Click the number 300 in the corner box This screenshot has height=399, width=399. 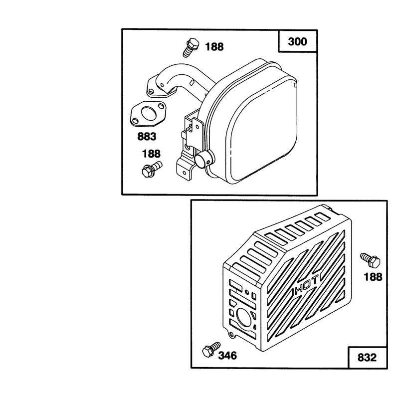pyautogui.click(x=297, y=41)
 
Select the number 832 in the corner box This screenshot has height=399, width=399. pyautogui.click(x=367, y=358)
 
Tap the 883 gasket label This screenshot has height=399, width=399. pyautogui.click(x=147, y=136)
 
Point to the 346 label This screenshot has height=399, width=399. pyautogui.click(x=227, y=356)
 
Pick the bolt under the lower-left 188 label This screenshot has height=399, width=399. pyautogui.click(x=152, y=169)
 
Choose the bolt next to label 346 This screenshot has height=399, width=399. pyautogui.click(x=211, y=349)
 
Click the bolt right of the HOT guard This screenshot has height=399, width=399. pyautogui.click(x=370, y=260)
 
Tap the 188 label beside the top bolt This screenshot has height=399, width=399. pyautogui.click(x=214, y=47)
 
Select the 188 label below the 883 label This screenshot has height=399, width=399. pyautogui.click(x=151, y=154)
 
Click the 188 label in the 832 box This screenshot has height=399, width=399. pyautogui.click(x=373, y=277)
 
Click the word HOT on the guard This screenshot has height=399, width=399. pyautogui.click(x=306, y=285)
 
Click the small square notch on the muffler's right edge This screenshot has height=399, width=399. pyautogui.click(x=295, y=85)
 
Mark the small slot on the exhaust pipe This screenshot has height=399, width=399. pyautogui.click(x=193, y=82)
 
